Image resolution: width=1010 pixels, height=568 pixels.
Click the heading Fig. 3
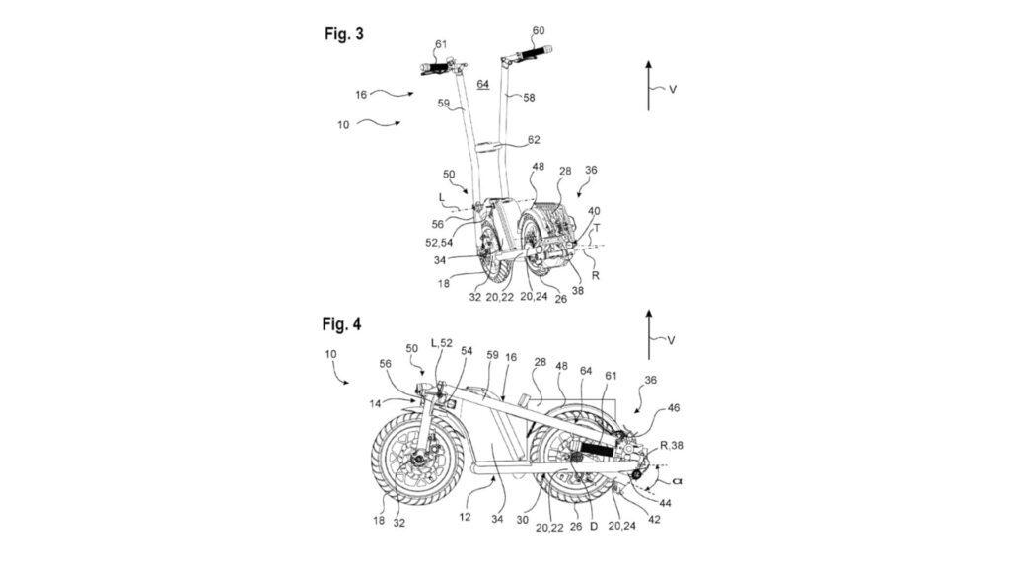344,34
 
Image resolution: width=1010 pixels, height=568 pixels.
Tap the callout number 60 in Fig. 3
538,31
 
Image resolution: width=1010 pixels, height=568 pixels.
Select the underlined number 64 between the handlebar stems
483,85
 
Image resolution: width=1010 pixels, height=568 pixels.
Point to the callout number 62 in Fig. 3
534,141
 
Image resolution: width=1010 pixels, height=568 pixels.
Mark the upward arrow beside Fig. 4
648,334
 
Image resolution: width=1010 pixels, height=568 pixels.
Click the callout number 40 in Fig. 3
593,210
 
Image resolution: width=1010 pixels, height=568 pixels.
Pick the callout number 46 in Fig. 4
674,407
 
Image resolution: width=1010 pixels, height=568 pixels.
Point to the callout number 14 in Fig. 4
376,404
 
